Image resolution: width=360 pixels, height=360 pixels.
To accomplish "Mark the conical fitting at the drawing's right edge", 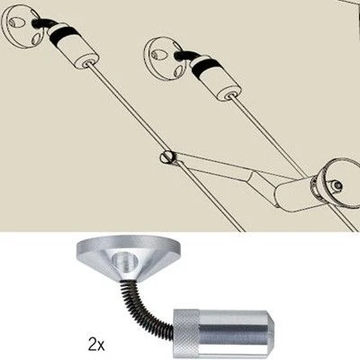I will click(335, 184).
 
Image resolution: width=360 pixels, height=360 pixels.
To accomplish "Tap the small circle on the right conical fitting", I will click(337, 185).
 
